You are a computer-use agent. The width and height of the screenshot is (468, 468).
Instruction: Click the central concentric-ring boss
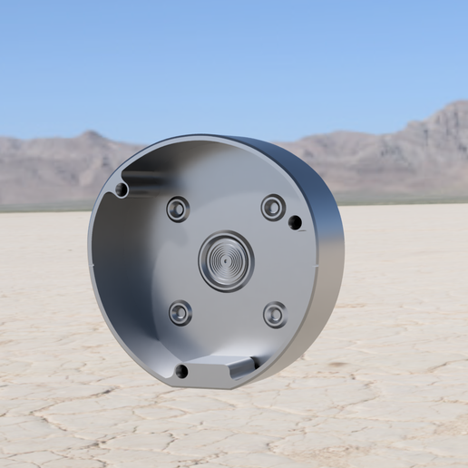(225, 261)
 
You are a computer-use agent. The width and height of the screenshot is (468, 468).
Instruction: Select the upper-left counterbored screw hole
(178, 209)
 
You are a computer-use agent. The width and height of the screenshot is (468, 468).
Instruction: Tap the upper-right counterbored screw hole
(273, 207)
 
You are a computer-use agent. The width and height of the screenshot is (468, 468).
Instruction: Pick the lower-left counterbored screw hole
(180, 313)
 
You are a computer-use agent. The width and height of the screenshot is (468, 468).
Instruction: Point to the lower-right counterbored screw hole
(275, 315)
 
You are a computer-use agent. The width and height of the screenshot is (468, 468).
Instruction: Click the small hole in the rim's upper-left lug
(122, 190)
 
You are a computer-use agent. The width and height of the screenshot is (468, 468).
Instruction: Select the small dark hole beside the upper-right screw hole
(295, 222)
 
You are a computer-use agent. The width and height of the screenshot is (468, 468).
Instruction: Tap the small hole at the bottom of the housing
(181, 371)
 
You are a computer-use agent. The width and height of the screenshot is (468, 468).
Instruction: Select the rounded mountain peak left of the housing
(91, 136)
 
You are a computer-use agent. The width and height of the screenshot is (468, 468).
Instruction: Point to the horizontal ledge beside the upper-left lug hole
(145, 172)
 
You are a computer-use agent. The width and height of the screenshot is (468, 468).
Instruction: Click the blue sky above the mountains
(227, 54)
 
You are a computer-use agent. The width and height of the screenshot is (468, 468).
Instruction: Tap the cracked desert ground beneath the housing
(227, 426)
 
